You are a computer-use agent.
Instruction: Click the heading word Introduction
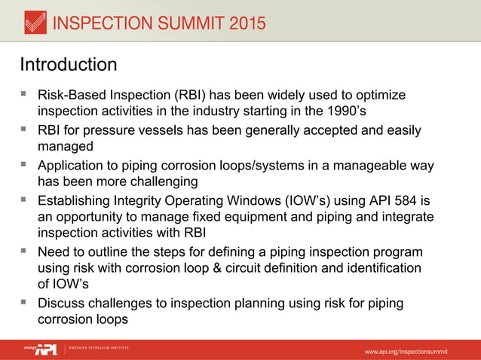tap(68, 64)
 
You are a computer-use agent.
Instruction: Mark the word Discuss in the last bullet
tap(64, 303)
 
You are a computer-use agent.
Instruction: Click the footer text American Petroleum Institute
tap(99, 348)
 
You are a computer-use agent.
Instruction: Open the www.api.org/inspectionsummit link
tap(406, 352)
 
